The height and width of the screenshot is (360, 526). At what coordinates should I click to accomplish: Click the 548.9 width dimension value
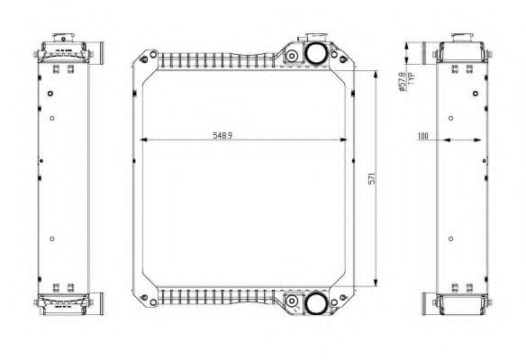[x=222, y=135]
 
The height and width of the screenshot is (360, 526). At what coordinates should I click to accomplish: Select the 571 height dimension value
[x=372, y=178]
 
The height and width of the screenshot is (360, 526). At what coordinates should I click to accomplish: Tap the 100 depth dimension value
[x=423, y=136]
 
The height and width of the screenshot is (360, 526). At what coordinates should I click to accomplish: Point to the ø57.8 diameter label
[x=403, y=82]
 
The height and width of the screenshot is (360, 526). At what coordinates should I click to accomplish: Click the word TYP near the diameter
[x=412, y=78]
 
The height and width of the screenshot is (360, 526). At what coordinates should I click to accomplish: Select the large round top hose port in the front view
[x=315, y=53]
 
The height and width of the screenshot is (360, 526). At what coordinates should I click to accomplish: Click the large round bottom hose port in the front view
[x=315, y=302]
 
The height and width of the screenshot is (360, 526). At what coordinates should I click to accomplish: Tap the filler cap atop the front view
[x=315, y=37]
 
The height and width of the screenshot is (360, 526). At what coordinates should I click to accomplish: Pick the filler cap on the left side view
[x=63, y=37]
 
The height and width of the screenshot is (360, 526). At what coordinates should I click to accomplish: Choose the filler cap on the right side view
[x=462, y=37]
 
